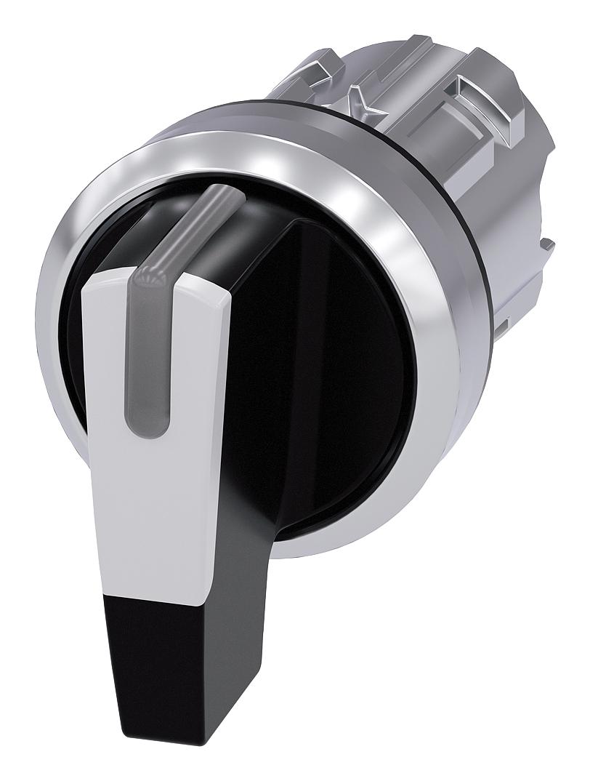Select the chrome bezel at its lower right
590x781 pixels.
point(407,494)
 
